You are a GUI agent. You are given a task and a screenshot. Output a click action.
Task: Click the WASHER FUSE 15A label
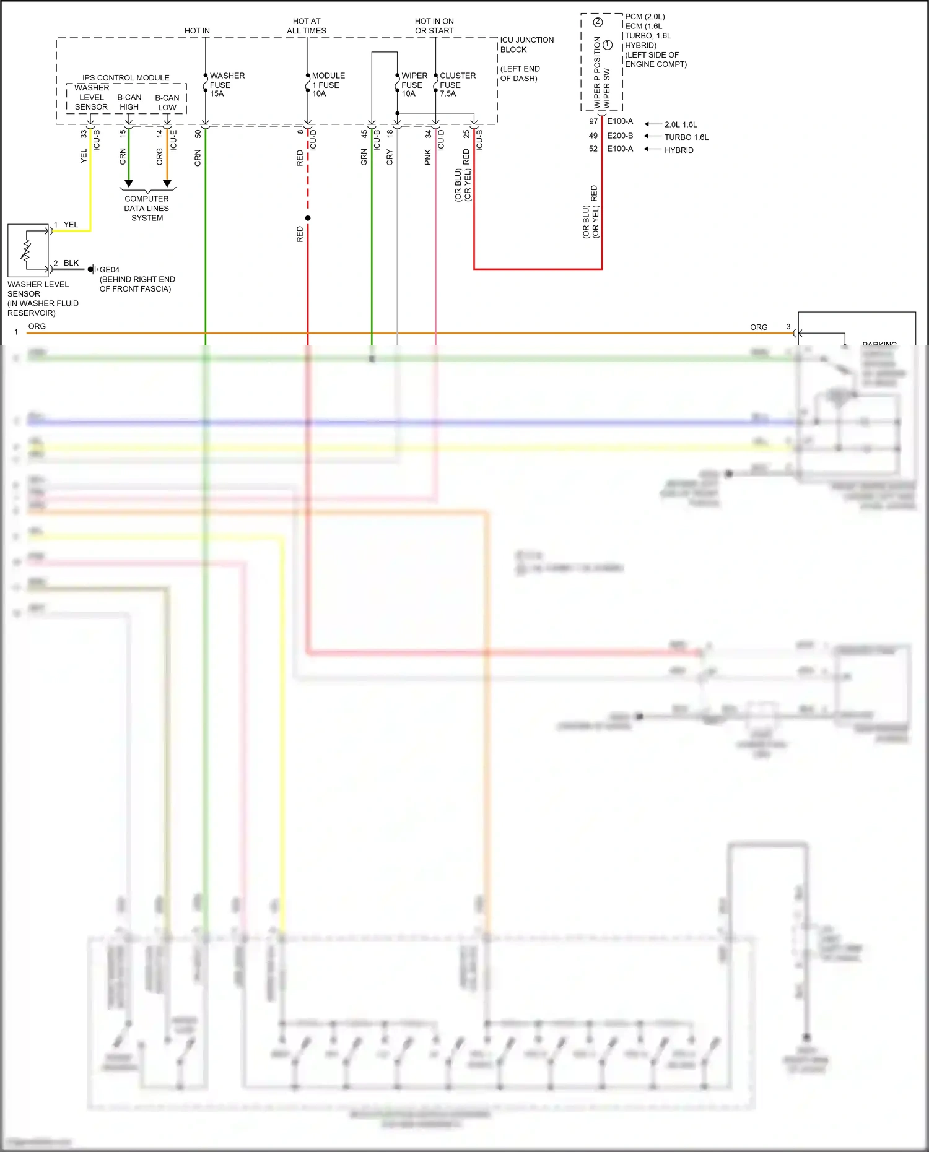(227, 85)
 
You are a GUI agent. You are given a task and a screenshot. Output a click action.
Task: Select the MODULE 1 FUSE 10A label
(328, 85)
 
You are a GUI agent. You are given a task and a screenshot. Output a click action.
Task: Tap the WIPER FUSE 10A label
(414, 85)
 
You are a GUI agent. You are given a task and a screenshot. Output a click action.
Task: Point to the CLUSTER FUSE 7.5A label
(457, 85)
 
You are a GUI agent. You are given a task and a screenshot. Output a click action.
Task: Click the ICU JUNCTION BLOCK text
(526, 45)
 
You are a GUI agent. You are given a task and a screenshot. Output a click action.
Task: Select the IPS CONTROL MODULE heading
(126, 78)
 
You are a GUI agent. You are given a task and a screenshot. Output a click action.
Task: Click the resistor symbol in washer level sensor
(26, 250)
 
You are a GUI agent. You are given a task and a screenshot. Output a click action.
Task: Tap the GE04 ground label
(109, 270)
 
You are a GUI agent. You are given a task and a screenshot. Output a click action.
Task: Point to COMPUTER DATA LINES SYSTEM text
(147, 209)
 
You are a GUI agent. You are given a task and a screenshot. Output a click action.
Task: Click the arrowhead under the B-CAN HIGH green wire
(129, 183)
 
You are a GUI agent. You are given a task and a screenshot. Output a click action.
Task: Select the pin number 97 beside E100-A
(593, 121)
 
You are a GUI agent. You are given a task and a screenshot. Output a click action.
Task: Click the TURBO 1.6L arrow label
(686, 137)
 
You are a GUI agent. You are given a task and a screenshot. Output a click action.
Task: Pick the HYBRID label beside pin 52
(679, 150)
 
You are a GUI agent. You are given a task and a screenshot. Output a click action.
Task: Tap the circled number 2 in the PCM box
(598, 22)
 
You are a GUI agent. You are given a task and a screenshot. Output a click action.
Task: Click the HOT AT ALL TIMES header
(307, 26)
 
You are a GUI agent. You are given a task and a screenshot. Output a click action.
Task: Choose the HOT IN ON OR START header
(434, 26)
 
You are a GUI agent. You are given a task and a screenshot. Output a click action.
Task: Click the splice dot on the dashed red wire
(308, 219)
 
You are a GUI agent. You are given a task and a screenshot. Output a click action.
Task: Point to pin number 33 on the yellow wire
(84, 133)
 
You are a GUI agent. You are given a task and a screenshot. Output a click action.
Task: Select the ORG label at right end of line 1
(759, 327)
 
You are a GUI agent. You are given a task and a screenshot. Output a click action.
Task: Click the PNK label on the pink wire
(428, 157)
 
